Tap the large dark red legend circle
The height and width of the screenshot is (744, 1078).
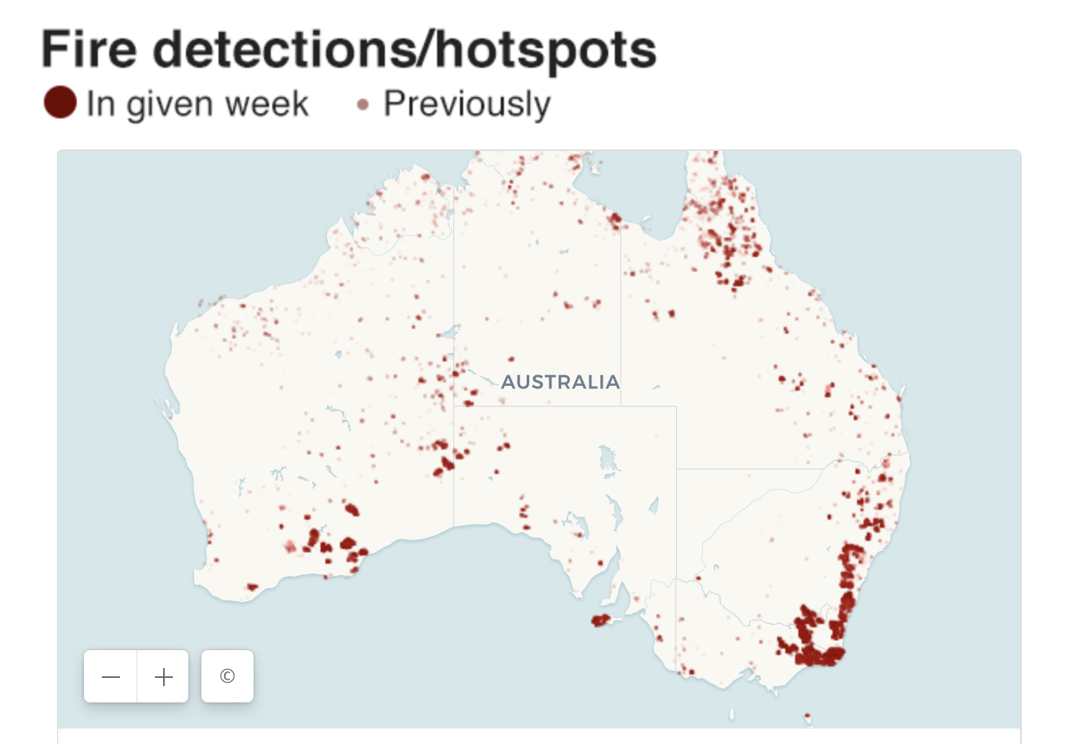click(x=60, y=103)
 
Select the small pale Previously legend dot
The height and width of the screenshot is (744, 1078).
click(x=363, y=104)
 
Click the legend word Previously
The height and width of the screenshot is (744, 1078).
click(x=466, y=104)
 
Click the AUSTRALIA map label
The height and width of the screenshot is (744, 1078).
click(x=560, y=382)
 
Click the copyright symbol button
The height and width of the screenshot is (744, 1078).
click(x=228, y=676)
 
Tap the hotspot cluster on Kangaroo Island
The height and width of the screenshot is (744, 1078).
click(x=601, y=621)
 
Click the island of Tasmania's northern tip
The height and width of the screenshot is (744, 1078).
click(x=807, y=718)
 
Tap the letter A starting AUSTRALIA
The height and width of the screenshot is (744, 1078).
click(x=508, y=382)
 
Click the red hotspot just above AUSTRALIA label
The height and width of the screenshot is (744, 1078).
click(x=511, y=359)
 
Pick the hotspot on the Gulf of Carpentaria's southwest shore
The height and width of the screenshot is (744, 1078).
click(x=614, y=218)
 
